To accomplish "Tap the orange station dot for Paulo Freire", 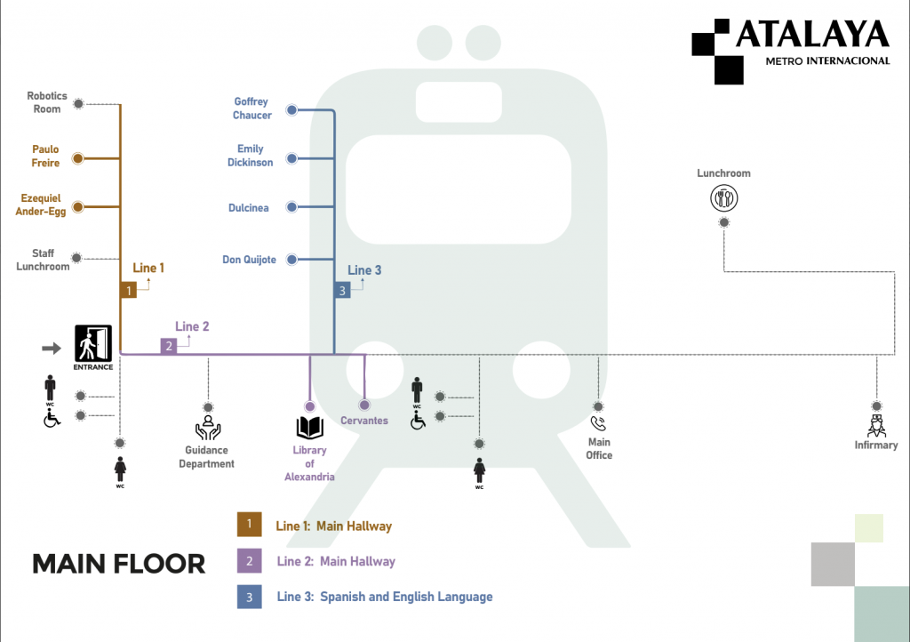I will point(77,158).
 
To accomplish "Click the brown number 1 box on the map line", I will point(129,290).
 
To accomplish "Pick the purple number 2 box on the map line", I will point(168,346).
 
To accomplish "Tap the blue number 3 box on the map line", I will point(342,290).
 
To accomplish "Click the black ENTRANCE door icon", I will point(93,343).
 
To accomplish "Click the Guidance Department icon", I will point(208,428).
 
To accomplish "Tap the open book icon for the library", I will point(310,428).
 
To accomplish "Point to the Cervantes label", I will point(364,421).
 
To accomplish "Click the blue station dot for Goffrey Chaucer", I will point(291,111).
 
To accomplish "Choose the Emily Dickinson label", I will point(251,156).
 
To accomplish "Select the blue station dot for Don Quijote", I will point(291,260).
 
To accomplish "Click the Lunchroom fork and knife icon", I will point(723,197).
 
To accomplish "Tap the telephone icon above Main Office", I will point(598,423).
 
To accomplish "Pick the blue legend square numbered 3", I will point(249,597).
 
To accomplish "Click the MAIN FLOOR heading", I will point(119,564).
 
